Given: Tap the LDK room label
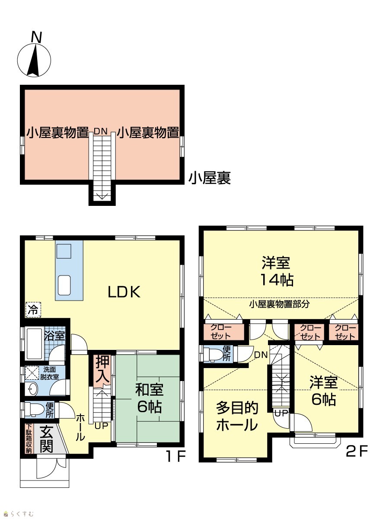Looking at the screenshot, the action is pyautogui.click(x=124, y=292).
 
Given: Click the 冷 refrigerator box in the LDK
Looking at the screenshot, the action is pyautogui.click(x=33, y=310).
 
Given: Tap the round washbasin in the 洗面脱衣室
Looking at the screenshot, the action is pyautogui.click(x=32, y=388).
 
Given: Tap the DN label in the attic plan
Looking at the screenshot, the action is pyautogui.click(x=101, y=131).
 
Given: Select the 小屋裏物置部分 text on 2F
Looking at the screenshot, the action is pyautogui.click(x=279, y=304).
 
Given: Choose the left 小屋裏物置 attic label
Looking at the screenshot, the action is pyautogui.click(x=57, y=133).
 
